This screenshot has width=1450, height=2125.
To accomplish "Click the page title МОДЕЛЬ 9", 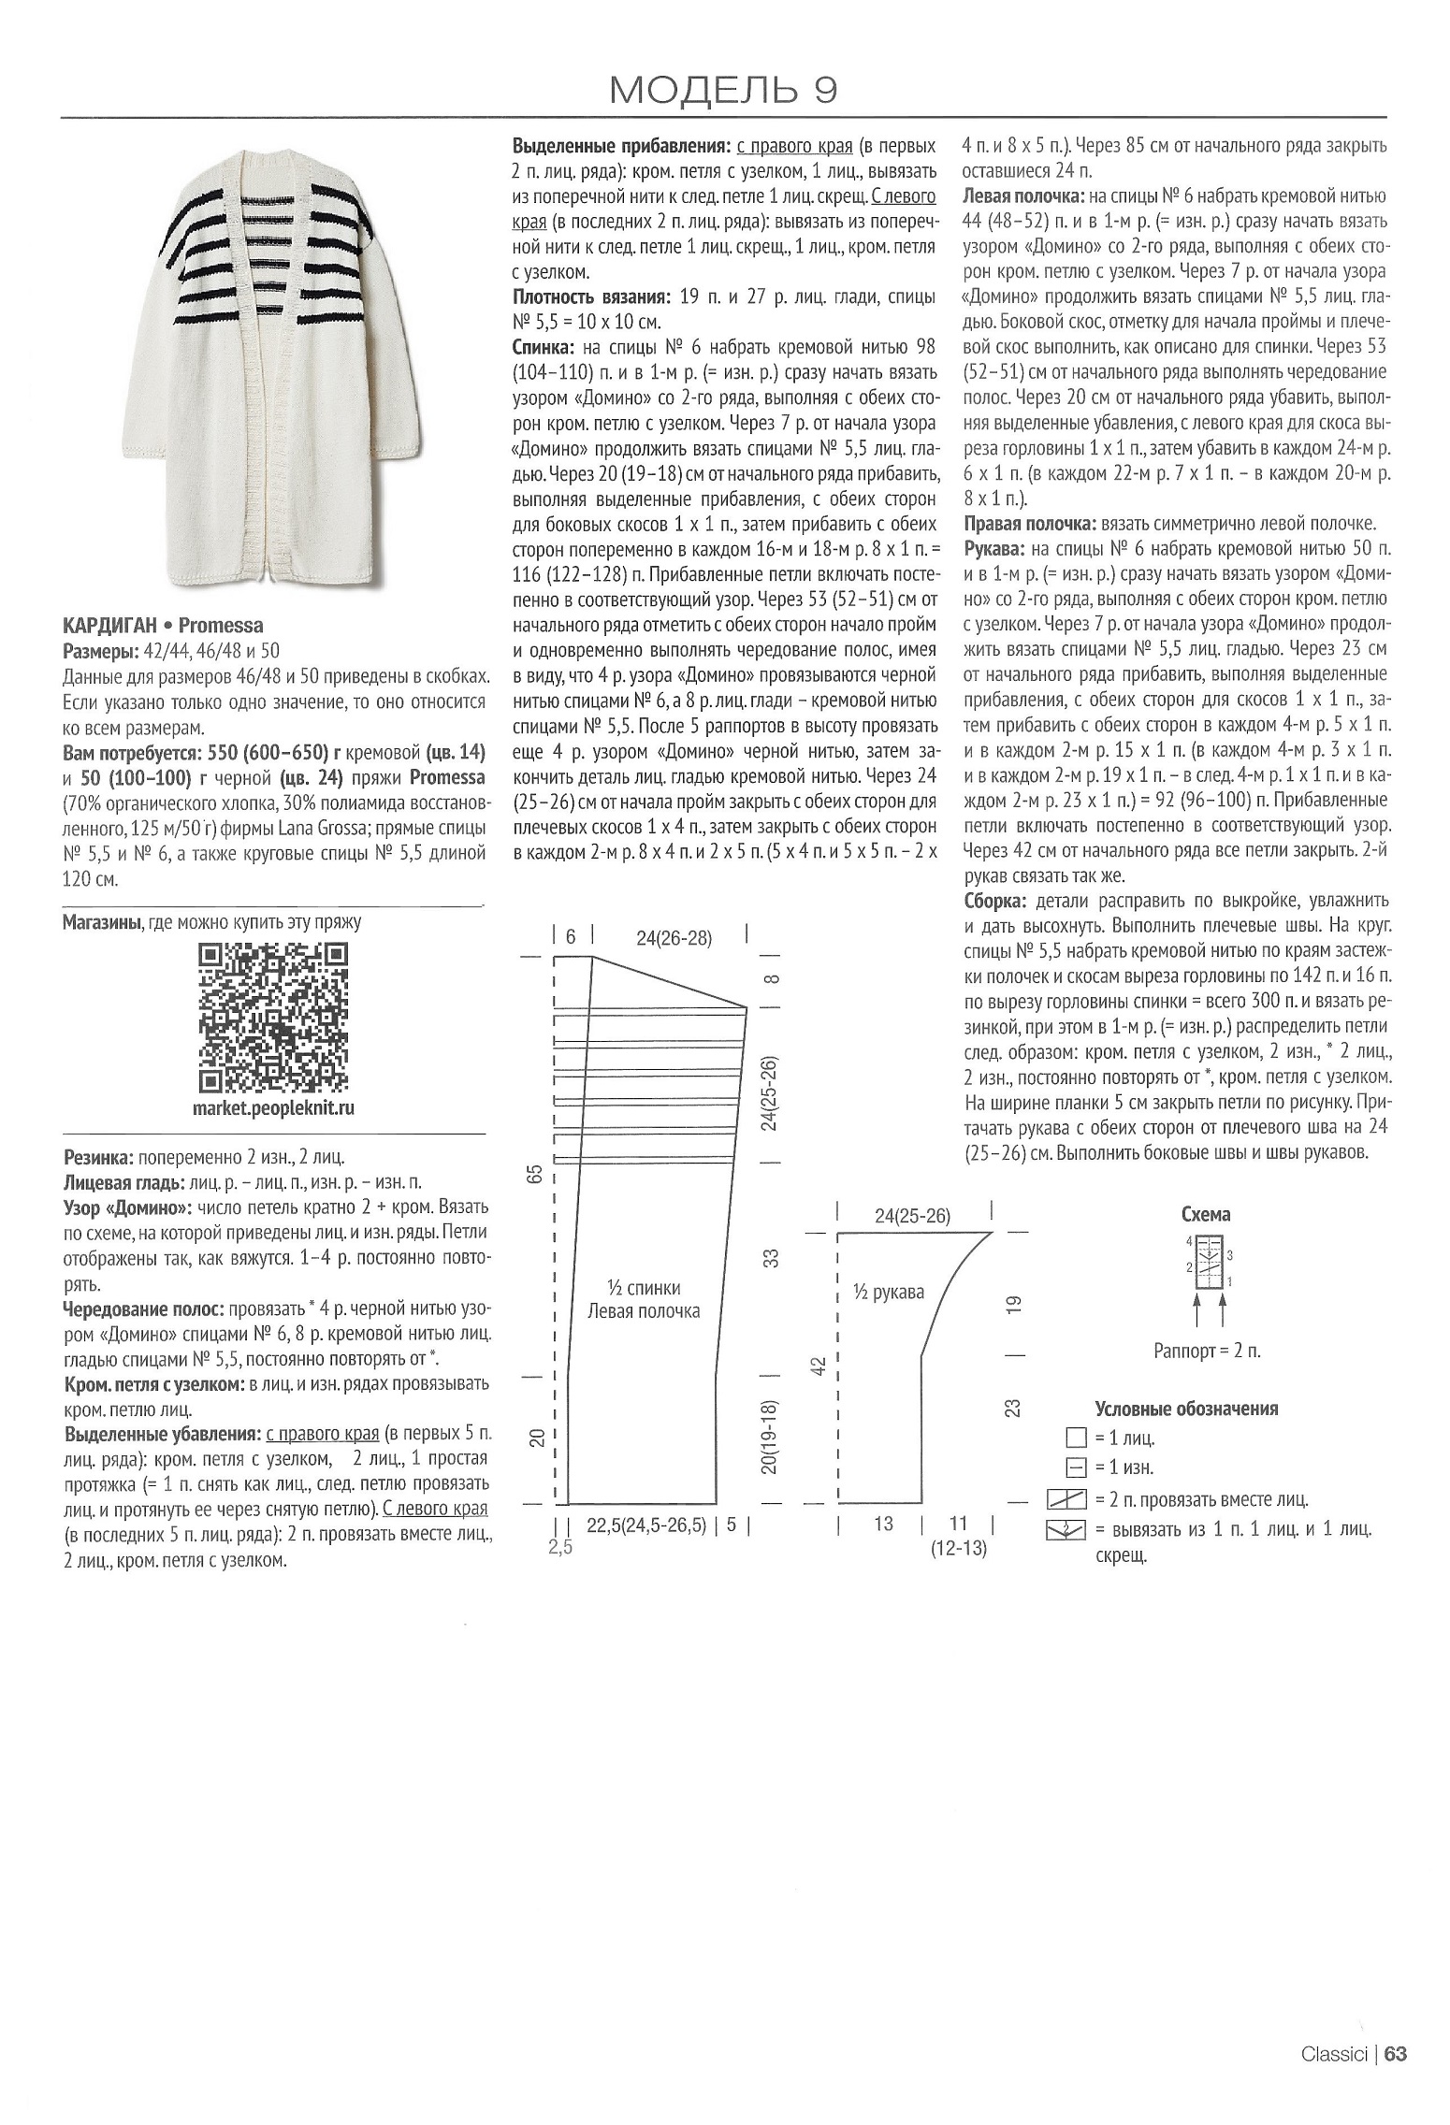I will pyautogui.click(x=723, y=90).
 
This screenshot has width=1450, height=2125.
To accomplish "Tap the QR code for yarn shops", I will pyautogui.click(x=273, y=1017).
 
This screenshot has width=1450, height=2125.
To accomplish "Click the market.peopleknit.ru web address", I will pyautogui.click(x=274, y=1108).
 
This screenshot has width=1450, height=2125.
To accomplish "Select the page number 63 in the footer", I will pyautogui.click(x=1397, y=2054).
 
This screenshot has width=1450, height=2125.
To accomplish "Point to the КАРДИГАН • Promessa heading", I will pyautogui.click(x=163, y=625).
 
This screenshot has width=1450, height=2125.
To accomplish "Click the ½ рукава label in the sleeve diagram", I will pyautogui.click(x=888, y=1292).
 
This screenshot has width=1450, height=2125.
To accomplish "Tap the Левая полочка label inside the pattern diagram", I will pyautogui.click(x=644, y=1311).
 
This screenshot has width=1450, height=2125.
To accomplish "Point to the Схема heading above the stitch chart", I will pyautogui.click(x=1206, y=1214).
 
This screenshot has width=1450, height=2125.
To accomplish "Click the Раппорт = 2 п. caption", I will pyautogui.click(x=1207, y=1352).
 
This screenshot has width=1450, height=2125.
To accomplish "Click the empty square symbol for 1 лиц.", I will pyautogui.click(x=1076, y=1438).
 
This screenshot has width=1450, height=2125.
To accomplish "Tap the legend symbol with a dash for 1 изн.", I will pyautogui.click(x=1076, y=1467).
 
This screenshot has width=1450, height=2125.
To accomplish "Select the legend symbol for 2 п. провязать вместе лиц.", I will pyautogui.click(x=1066, y=1500).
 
